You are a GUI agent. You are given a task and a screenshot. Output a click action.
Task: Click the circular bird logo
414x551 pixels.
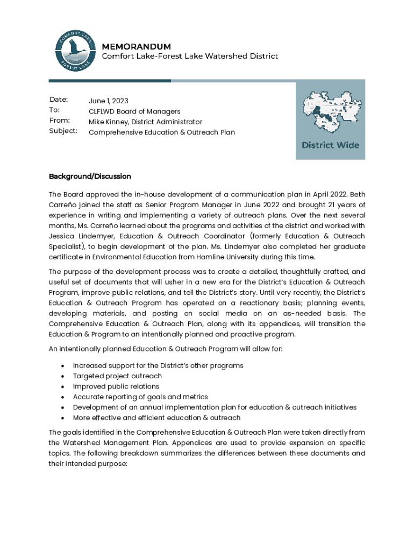pos(75,49)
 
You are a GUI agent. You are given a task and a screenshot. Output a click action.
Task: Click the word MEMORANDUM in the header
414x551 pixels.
pos(137,46)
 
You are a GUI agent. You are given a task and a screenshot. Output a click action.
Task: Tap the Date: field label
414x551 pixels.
pos(59,100)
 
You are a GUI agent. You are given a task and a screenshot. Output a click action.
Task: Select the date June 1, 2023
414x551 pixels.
pos(109,101)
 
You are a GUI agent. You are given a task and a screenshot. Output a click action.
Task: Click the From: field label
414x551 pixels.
pos(60,121)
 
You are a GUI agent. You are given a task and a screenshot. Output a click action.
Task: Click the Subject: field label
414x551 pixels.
pos(63,131)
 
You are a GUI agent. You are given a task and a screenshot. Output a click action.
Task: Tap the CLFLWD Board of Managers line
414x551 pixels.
pos(134,111)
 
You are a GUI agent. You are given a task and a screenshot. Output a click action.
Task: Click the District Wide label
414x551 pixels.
pos(331,145)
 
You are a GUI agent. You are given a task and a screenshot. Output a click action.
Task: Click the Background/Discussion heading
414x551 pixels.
pos(90,176)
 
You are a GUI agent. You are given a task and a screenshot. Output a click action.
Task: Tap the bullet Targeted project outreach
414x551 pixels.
pos(117,376)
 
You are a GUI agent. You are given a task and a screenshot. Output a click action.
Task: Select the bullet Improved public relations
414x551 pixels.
pos(116,386)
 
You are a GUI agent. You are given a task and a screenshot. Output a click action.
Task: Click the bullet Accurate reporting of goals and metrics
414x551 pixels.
pos(140,397)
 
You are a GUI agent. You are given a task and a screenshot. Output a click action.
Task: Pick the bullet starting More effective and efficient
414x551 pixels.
pos(156,418)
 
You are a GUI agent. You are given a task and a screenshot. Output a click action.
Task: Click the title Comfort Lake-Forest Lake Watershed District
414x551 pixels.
pos(190,56)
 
